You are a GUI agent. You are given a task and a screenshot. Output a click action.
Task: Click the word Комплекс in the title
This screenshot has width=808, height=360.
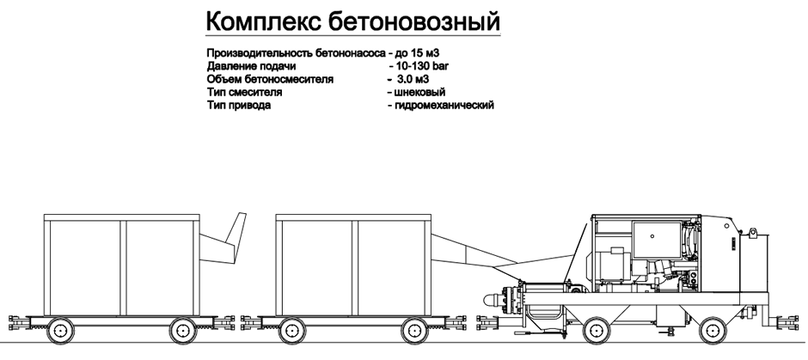click(x=262, y=21)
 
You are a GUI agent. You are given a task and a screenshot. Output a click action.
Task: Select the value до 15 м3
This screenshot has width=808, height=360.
click(x=417, y=53)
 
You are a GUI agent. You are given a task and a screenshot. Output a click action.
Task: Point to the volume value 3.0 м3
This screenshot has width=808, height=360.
click(x=413, y=79)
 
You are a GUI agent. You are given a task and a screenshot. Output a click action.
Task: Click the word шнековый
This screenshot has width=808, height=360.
click(x=419, y=92)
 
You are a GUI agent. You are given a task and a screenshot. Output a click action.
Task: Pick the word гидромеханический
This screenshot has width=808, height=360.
click(x=444, y=106)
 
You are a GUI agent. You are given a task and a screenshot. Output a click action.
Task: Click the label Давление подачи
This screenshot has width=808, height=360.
click(x=251, y=66)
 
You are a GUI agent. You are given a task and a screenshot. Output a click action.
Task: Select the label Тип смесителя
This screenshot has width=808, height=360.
click(x=244, y=93)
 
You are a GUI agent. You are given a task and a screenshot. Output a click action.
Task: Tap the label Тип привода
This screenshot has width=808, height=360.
click(x=239, y=106)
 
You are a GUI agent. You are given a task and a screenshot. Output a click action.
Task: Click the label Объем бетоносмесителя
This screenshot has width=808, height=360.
click(x=270, y=79)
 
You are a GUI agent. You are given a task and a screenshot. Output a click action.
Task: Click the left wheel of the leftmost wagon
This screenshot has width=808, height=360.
click(x=60, y=330)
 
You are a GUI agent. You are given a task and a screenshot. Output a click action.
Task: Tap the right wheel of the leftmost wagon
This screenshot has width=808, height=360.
click(x=183, y=330)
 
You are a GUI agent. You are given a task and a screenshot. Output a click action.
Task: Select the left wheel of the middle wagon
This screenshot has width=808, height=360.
click(x=292, y=330)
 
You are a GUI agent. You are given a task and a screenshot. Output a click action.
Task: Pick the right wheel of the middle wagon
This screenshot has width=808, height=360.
click(x=415, y=330)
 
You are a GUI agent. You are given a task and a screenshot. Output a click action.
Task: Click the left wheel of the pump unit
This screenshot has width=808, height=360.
click(x=597, y=330)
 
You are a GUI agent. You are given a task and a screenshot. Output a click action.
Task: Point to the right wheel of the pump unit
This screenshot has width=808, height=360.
click(x=713, y=330)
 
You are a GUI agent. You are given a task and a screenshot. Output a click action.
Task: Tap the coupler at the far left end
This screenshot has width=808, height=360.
click(x=18, y=323)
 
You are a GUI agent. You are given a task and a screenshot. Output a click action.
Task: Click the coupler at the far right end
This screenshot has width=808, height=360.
click(x=788, y=323)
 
